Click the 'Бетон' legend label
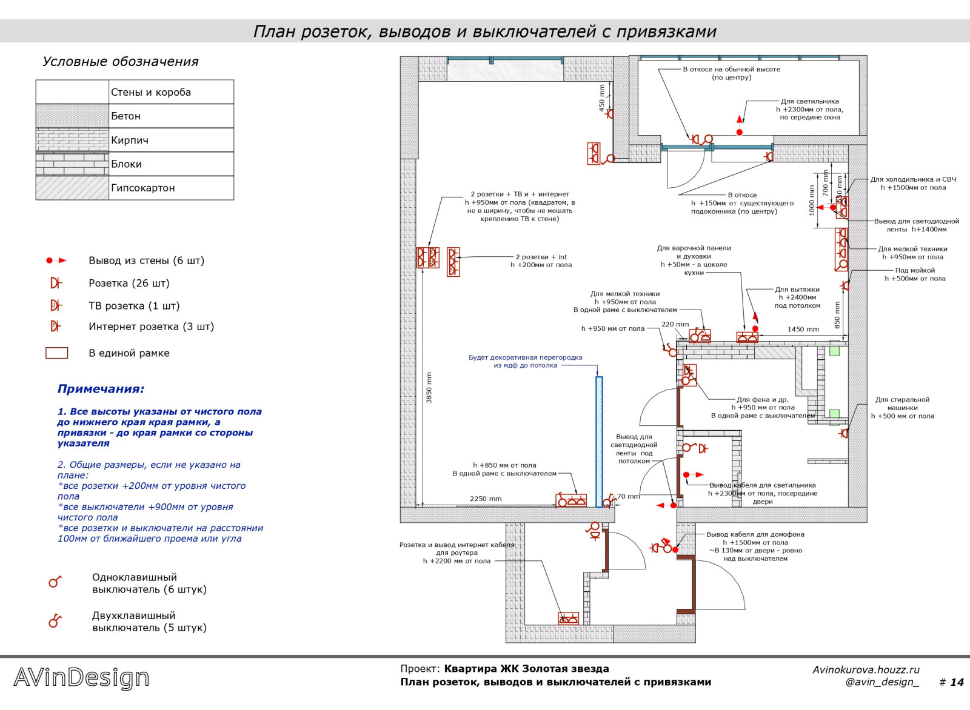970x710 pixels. tap(125, 116)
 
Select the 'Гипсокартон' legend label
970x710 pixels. tap(142, 188)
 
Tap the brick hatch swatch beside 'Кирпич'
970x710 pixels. tap(72, 140)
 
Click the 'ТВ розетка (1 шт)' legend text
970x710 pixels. tap(134, 306)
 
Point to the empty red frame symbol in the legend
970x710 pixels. tap(57, 353)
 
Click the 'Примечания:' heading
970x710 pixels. tap(101, 389)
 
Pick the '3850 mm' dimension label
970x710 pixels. tap(429, 388)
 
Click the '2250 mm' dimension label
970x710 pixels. tap(486, 499)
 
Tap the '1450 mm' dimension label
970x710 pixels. tap(803, 330)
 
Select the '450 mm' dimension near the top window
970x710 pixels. tap(602, 98)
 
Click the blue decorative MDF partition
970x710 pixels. tap(599, 442)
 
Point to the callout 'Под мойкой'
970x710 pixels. tap(915, 270)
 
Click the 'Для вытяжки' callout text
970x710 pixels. tap(797, 290)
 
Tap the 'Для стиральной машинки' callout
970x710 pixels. tap(902, 403)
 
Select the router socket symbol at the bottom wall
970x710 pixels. tap(568, 619)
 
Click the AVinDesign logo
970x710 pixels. tap(81, 677)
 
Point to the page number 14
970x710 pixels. tap(956, 682)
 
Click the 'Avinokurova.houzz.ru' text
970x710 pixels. tap(866, 669)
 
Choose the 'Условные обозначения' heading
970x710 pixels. tap(120, 62)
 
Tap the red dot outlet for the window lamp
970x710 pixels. tap(740, 132)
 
